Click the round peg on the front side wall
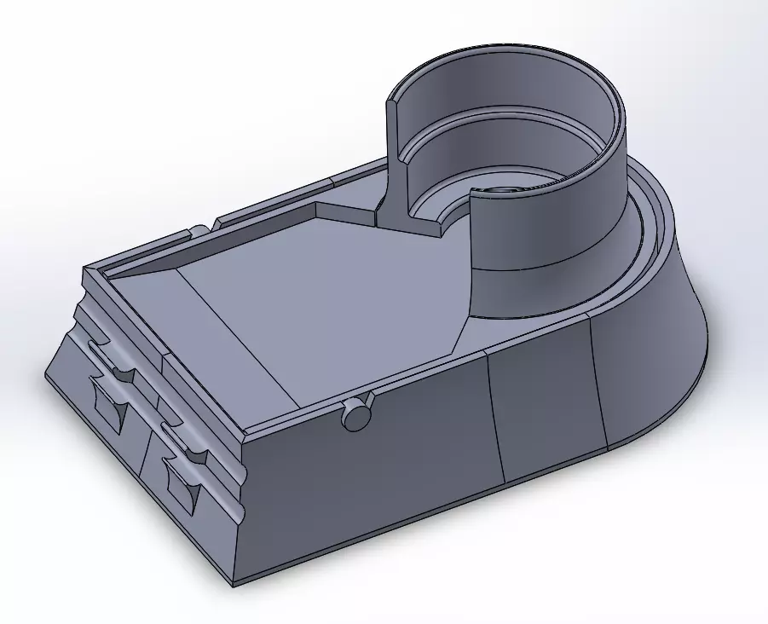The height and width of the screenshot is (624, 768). click(x=356, y=415)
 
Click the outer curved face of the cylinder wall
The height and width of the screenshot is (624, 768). click(x=546, y=230)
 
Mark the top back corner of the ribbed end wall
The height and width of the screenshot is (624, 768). click(x=84, y=270)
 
